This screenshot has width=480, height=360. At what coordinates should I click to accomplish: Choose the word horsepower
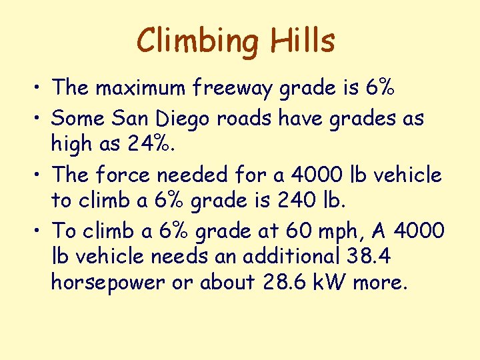click(107, 283)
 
